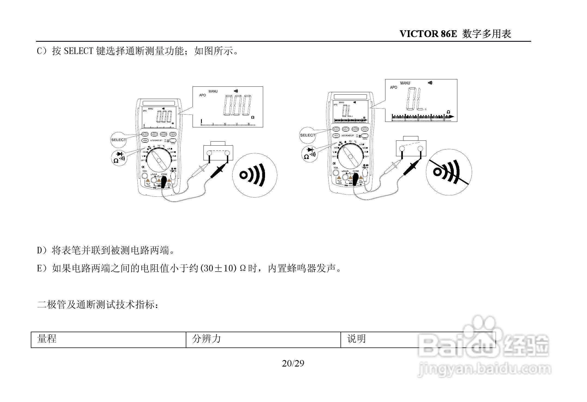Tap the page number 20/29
[x=293, y=364]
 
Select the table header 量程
[x=47, y=339]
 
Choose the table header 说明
[x=356, y=339]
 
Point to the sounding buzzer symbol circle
[x=254, y=175]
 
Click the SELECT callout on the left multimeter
[x=118, y=140]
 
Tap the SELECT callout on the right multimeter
[x=308, y=135]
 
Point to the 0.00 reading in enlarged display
[x=237, y=106]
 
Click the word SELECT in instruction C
[x=79, y=51]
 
